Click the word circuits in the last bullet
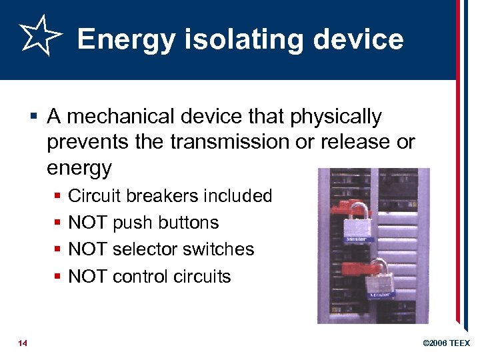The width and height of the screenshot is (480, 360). (200, 276)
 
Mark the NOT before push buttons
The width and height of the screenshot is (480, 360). (88, 223)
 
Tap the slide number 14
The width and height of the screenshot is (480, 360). (23, 343)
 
